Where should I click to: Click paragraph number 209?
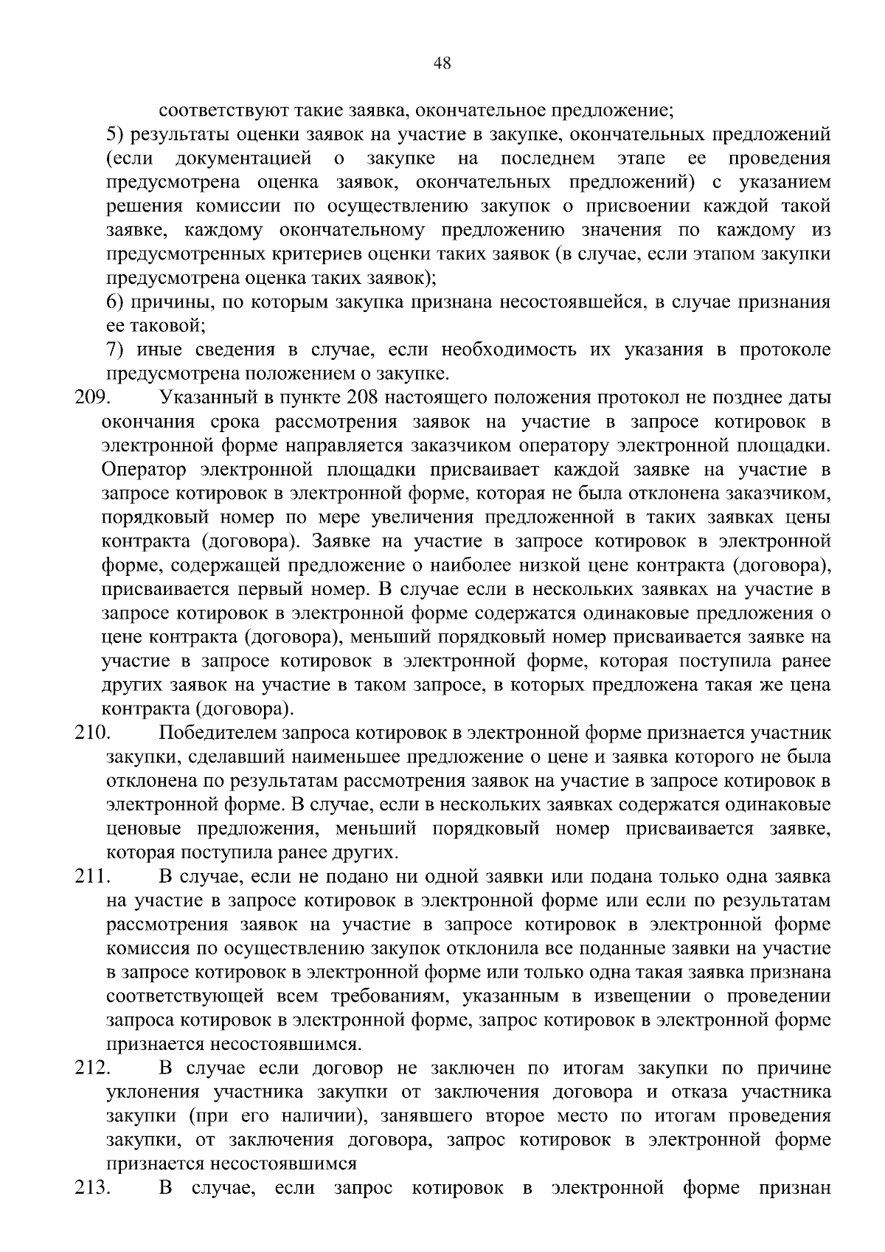coord(93,398)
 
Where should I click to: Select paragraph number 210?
coord(93,734)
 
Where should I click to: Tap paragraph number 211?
coord(93,877)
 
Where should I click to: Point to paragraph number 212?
coord(93,1068)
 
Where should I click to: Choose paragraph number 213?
coord(93,1188)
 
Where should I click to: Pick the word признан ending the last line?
coord(799,1188)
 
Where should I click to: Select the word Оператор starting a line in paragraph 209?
coord(144,470)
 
